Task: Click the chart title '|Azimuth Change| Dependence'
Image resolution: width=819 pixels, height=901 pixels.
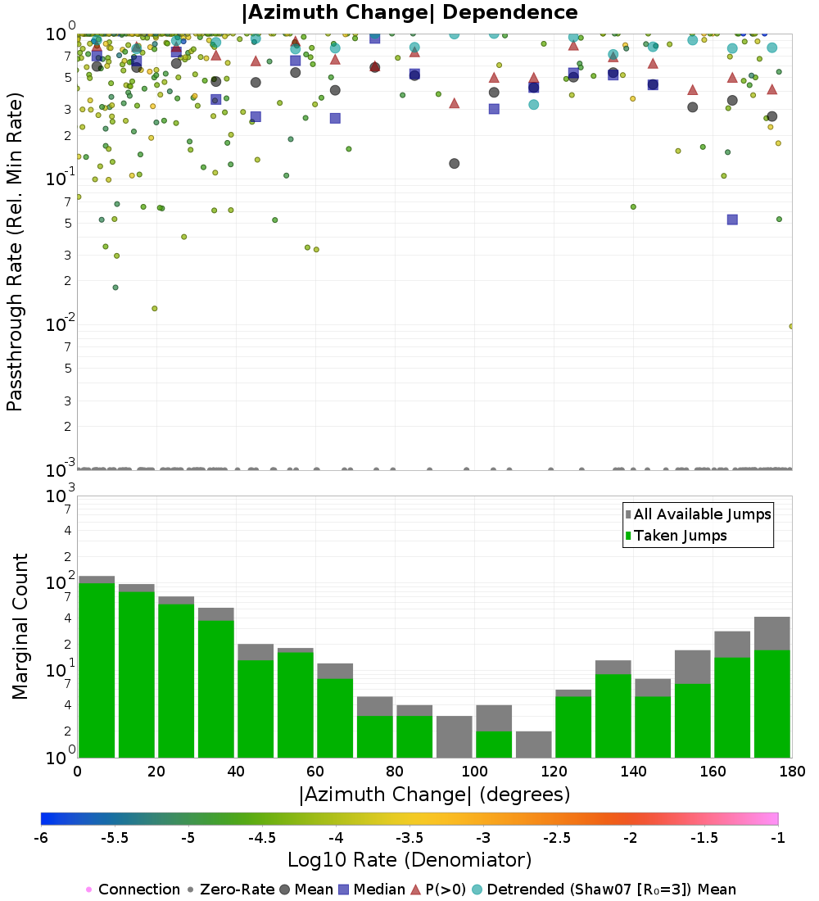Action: coord(409,12)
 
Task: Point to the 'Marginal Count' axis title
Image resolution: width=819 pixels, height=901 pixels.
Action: coord(20,627)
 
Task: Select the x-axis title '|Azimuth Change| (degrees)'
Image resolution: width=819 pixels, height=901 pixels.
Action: coord(434,795)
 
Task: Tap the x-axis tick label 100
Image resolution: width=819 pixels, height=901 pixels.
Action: coord(474,772)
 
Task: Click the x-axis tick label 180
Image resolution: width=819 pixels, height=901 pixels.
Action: coord(791,772)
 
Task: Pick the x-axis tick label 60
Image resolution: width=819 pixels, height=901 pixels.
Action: coord(315,772)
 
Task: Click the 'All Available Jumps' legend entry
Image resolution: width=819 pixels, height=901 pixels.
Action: coord(702,514)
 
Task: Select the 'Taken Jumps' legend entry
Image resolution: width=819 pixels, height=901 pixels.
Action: coord(681,536)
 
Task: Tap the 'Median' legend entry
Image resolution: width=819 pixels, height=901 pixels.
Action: coord(380,890)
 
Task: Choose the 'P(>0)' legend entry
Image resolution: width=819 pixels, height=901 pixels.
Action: coord(450,890)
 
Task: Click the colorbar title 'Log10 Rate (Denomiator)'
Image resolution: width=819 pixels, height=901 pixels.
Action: coord(409,860)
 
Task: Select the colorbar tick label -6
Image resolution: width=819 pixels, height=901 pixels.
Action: coord(40,838)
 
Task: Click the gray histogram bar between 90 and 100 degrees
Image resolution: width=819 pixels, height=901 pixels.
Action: coord(454,736)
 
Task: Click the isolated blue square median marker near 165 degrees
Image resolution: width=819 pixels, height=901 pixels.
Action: coord(732,220)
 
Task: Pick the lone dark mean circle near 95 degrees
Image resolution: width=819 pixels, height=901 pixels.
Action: coord(454,164)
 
